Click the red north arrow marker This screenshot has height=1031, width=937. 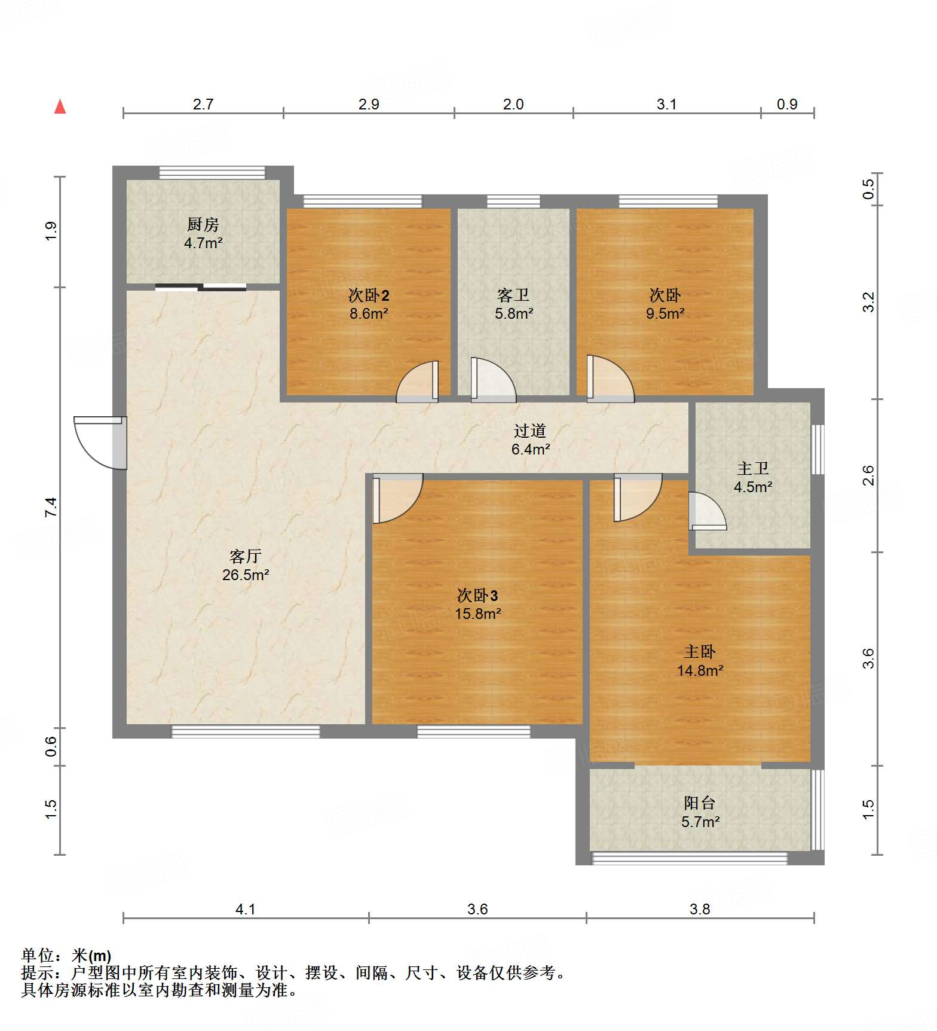coord(60,106)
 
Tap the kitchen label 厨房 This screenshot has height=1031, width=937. coord(203,225)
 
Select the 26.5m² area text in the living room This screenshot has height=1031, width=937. coord(245,575)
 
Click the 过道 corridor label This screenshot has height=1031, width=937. coord(529,431)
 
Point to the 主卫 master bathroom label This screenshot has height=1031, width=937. coord(752,468)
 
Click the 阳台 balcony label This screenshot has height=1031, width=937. coord(699,803)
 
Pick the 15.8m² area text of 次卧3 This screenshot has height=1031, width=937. coord(477,614)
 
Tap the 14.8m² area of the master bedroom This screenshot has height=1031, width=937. coord(700,670)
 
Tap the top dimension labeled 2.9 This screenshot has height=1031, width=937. coord(369,104)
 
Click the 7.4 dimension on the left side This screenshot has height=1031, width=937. coord(51,507)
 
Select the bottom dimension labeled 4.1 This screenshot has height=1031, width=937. coord(245,910)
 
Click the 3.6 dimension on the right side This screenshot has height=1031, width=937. coord(868,658)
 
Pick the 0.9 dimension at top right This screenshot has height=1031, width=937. coord(787,104)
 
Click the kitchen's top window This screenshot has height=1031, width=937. coord(212,172)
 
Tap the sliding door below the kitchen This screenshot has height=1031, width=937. coord(201,287)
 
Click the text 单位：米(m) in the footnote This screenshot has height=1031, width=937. coord(66,956)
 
